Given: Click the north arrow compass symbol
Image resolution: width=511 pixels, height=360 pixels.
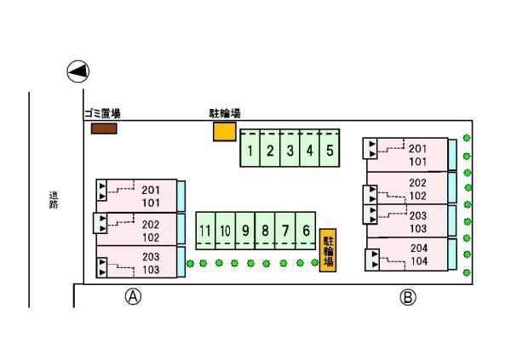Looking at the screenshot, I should [78, 72].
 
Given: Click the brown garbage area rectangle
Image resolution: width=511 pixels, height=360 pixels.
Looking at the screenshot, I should [103, 129].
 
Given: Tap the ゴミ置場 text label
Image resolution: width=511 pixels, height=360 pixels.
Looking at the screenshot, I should [101, 114].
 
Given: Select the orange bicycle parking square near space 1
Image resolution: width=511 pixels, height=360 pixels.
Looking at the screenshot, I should [224, 132].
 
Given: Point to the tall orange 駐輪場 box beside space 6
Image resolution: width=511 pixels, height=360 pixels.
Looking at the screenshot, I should [328, 249].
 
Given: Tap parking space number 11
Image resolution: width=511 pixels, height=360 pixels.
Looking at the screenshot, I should [205, 231].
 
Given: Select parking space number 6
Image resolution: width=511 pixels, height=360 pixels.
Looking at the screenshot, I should [306, 231].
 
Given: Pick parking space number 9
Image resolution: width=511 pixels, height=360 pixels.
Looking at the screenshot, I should [245, 231].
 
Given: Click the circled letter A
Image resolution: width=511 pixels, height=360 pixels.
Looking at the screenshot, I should [133, 297].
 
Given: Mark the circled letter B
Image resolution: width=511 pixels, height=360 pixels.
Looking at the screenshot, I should [409, 297].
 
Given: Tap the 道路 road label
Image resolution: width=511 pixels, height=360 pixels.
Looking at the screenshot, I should [53, 200].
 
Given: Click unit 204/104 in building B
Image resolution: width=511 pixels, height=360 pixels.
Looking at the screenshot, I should [413, 254].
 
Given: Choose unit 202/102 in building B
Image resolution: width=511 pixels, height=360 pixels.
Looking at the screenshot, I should [413, 188].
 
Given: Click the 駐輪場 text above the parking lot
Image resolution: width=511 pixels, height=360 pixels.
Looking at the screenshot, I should [225, 113].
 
